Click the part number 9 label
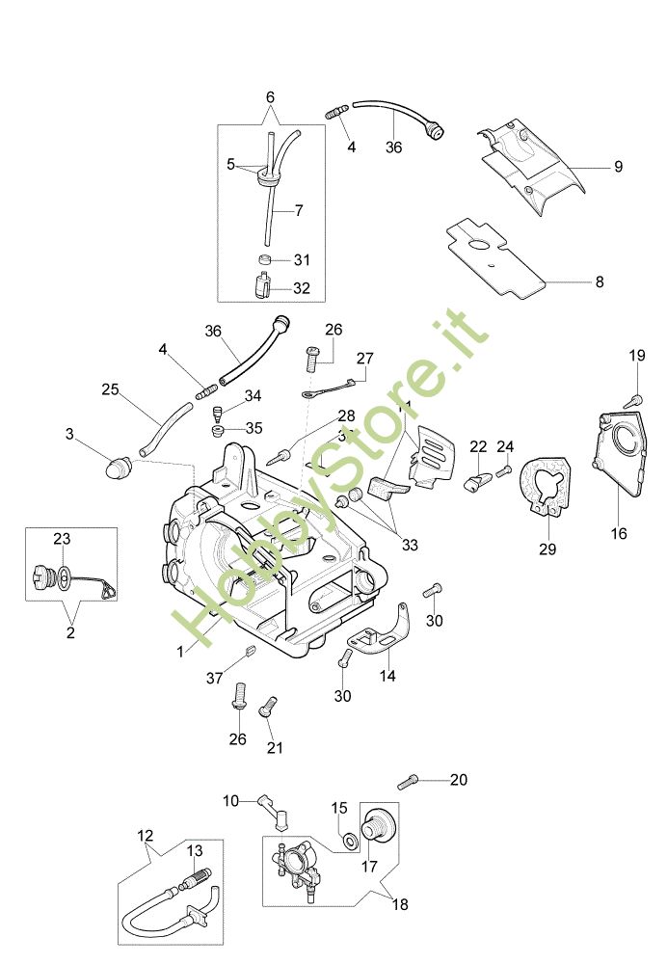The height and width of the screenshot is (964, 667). pos(618,167)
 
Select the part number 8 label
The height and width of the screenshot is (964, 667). pos(599,282)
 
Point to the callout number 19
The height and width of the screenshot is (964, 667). pos(637,356)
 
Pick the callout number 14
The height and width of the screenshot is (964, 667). pos(387,676)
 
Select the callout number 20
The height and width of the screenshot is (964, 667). pos(458,779)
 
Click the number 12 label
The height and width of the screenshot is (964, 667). pos(146,836)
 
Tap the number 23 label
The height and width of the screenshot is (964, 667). pos(62,539)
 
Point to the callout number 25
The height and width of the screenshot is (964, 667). pos(110,389)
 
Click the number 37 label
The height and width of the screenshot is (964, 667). pos(214,678)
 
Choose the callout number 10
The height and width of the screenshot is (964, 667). pos(231,800)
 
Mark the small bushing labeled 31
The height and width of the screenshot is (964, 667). pos(265,259)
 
